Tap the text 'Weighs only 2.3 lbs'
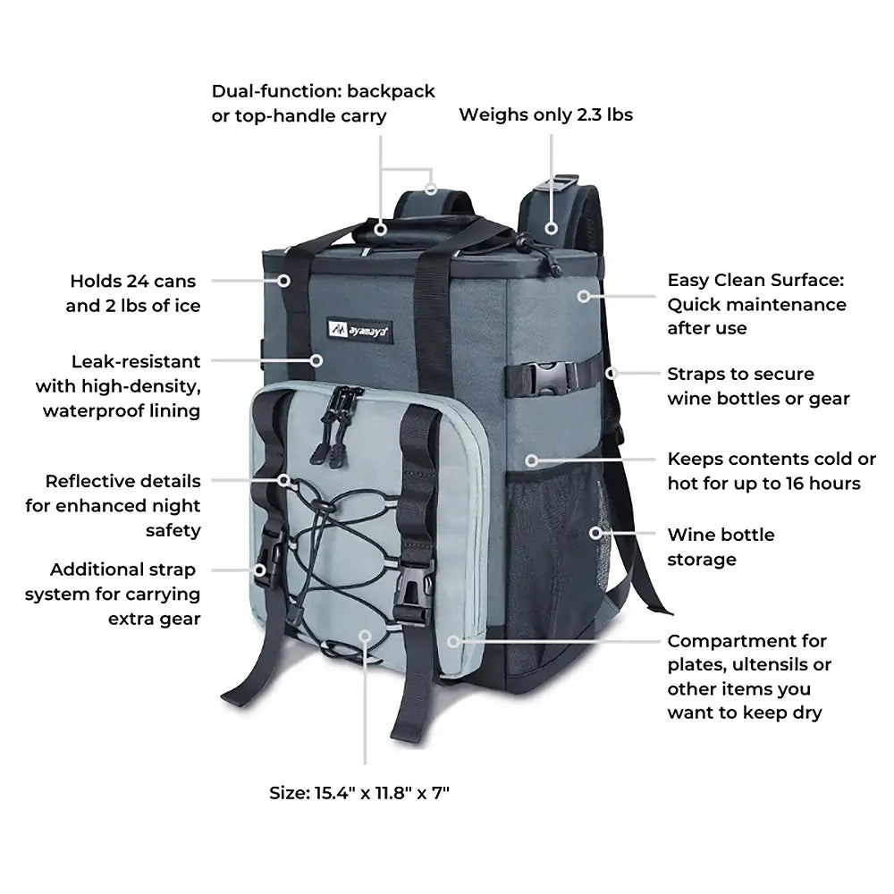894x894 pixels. click(x=545, y=114)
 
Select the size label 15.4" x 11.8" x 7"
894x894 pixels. click(x=359, y=792)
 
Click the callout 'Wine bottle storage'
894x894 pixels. click(x=721, y=547)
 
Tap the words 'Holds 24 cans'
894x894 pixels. click(x=133, y=282)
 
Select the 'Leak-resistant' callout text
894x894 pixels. click(x=136, y=362)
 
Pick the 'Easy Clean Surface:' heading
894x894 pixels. click(x=755, y=280)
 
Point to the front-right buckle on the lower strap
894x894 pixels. click(x=413, y=595)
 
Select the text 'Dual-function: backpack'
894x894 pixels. click(x=323, y=91)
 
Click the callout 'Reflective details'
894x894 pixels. click(x=123, y=481)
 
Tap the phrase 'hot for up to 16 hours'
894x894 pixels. click(x=763, y=484)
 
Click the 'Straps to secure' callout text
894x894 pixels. click(x=740, y=374)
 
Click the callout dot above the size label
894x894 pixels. click(x=364, y=635)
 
